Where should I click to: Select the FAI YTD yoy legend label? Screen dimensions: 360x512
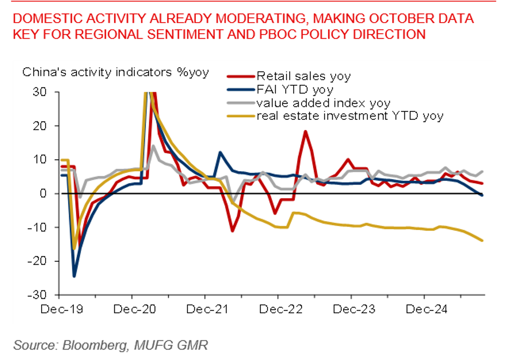tap(295, 90)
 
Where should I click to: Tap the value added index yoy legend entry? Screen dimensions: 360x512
tap(323, 103)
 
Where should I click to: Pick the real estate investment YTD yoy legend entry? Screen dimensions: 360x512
tap(350, 116)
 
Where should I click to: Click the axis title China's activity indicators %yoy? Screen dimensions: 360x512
tap(116, 72)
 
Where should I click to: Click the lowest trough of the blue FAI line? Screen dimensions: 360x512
tap(74, 276)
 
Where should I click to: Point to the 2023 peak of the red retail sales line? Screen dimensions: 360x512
tap(305, 131)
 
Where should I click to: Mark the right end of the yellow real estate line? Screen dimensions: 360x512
tap(482, 241)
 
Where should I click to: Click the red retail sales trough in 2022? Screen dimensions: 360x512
tap(232, 231)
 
